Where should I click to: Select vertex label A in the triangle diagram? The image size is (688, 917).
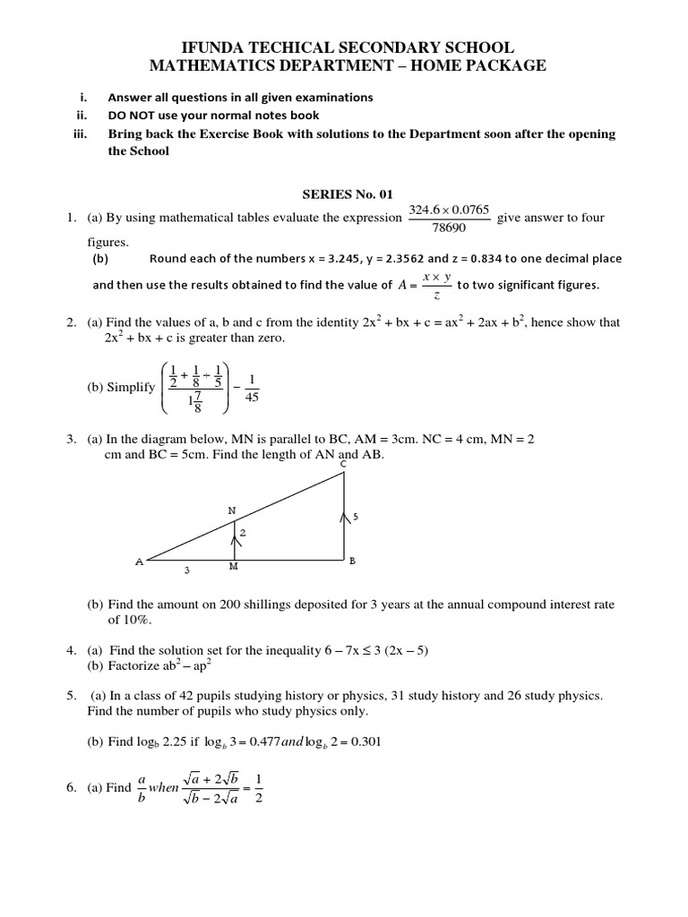tap(139, 562)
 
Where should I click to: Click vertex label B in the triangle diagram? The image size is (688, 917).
tap(352, 561)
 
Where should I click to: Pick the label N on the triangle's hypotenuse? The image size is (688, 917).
tap(232, 511)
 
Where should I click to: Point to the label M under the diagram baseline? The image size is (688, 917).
tap(234, 567)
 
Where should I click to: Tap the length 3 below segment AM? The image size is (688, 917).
tap(185, 570)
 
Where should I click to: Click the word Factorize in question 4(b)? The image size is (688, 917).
tap(135, 666)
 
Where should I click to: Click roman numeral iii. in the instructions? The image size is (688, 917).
tap(82, 134)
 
